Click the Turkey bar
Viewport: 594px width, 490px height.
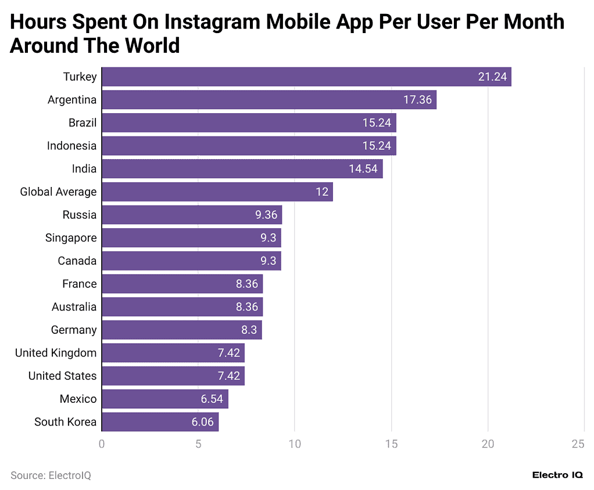coord(306,77)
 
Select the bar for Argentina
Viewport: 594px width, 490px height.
coord(269,100)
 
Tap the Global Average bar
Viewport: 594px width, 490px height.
coord(217,192)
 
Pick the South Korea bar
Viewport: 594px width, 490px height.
coord(160,422)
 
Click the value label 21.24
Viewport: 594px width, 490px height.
coord(492,77)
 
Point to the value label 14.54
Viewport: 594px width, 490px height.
coord(363,169)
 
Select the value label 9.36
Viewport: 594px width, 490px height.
coord(266,215)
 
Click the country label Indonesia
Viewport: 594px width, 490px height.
coord(71,146)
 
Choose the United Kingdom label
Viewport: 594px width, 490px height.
coord(56,353)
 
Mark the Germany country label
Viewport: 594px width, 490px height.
coord(74,330)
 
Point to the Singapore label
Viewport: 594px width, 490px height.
coord(71,238)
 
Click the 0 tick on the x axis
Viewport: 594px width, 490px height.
coord(102,444)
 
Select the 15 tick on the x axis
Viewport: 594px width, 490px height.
coord(391,444)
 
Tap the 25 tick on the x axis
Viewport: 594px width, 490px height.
coord(578,444)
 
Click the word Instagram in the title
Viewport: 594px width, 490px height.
coord(212,22)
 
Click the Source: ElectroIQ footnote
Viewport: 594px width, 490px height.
coord(51,475)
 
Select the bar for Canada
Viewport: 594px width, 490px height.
coord(191,261)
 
